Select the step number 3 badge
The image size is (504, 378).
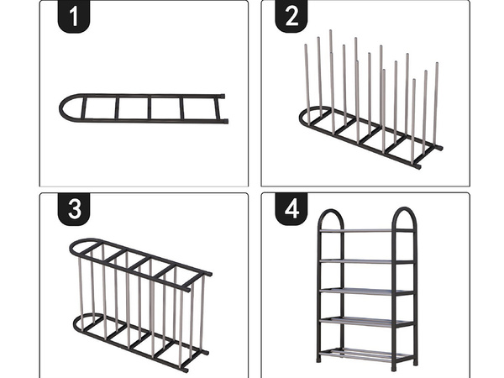[74, 211]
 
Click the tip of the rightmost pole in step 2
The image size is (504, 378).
[436, 65]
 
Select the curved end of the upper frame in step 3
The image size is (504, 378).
[74, 249]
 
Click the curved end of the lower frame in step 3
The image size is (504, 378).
[78, 323]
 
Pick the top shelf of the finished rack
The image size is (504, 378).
[366, 230]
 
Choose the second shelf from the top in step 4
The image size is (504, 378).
[366, 261]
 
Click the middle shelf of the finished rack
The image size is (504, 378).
[366, 291]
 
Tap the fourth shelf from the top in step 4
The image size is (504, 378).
[366, 321]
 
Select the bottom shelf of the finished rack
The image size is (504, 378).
[366, 352]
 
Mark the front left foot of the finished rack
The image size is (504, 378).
[319, 360]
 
